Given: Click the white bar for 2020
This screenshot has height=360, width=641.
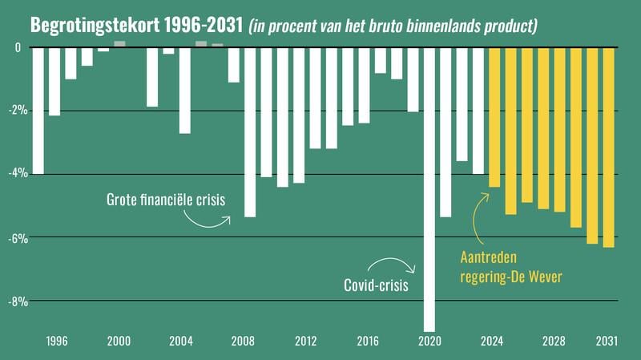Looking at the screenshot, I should click(429, 188).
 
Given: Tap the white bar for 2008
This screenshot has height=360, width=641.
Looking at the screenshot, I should click(249, 132).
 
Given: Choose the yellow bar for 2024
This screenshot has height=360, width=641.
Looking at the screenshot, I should click(494, 117).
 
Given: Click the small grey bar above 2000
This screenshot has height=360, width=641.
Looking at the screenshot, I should click(119, 44).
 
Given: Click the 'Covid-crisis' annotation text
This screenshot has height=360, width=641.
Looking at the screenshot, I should click(376, 285).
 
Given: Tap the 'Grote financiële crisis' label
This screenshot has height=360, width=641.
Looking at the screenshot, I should click(165, 199).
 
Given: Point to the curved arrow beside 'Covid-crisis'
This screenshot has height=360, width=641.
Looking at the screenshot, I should click(393, 264).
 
